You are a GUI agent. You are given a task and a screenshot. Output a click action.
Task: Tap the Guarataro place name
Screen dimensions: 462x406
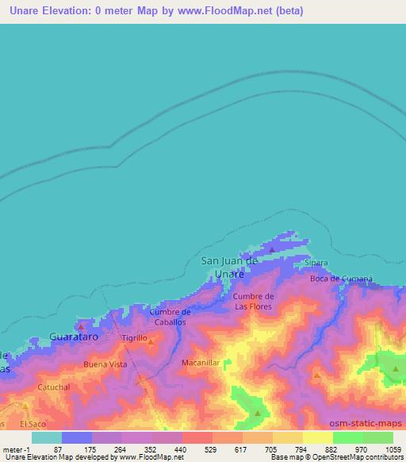tap(74, 337)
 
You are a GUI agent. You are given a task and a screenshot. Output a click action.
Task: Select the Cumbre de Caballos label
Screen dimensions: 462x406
tap(170, 318)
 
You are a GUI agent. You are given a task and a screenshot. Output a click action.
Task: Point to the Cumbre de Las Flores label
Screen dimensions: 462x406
tap(253, 301)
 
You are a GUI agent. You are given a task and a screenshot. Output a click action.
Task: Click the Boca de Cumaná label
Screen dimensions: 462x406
tap(341, 279)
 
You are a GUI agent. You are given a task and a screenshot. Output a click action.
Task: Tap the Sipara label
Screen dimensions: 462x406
tap(316, 262)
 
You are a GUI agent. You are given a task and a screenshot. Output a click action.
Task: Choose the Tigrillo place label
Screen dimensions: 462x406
tap(134, 338)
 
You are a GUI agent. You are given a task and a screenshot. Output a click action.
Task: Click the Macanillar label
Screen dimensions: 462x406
tap(200, 362)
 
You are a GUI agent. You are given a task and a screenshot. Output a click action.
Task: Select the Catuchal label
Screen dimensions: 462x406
tap(54, 387)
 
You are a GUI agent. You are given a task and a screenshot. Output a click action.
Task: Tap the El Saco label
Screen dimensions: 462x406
tap(33, 425)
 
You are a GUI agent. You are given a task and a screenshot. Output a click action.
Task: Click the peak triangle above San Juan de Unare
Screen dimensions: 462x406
tap(272, 249)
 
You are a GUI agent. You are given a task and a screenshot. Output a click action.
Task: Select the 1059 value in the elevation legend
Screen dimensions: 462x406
tap(393, 449)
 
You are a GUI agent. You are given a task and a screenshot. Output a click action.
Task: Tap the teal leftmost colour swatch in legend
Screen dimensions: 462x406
tap(47, 437)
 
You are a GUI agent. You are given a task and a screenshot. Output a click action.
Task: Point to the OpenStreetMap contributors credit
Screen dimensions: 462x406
tap(354, 458)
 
